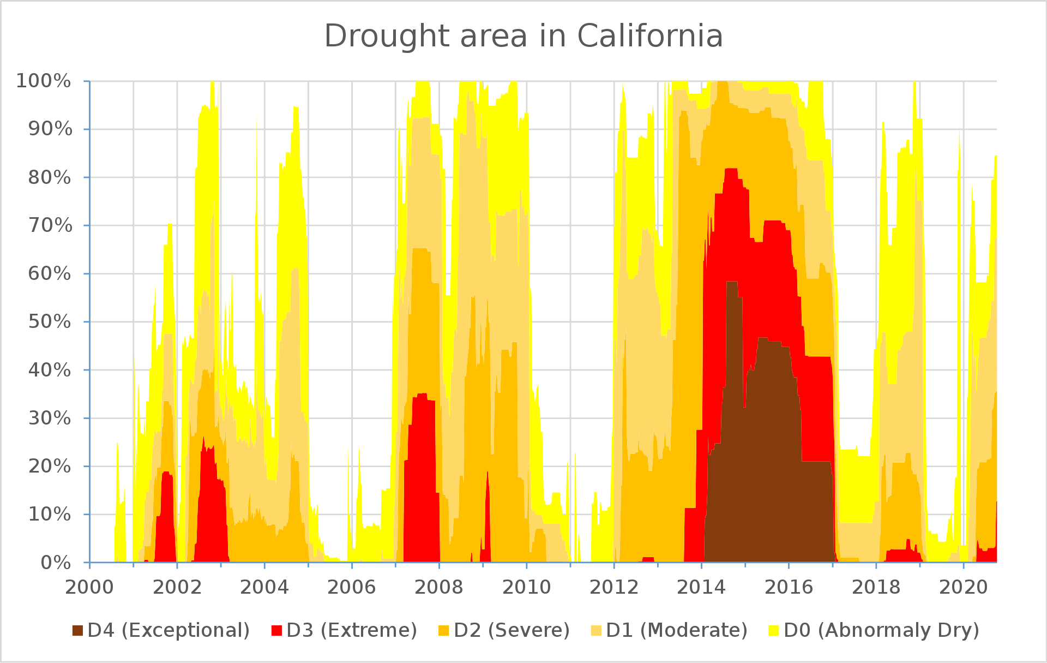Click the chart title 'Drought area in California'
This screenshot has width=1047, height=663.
523,37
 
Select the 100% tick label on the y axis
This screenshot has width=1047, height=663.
44,81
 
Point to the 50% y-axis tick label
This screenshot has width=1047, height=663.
50,321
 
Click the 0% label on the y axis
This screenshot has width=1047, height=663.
56,562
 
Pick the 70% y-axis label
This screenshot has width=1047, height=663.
50,225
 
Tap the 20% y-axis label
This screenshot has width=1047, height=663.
50,466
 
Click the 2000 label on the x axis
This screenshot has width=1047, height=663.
90,587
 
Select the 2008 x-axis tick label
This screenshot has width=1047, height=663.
439,587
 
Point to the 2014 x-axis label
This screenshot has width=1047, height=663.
701,587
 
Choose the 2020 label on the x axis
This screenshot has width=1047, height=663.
964,587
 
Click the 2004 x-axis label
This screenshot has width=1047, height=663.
264,587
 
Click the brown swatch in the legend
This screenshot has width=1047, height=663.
78,630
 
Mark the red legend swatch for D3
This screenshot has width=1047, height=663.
277,630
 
